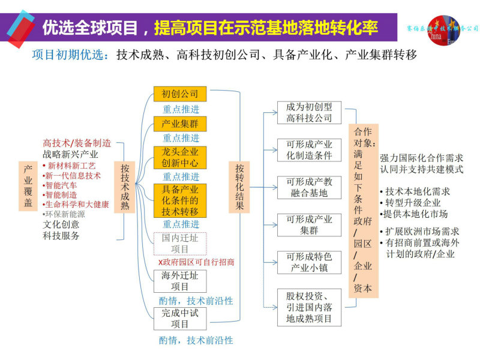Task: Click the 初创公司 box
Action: (x=180, y=94)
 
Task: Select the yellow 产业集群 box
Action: (x=180, y=124)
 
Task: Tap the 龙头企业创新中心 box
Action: (x=180, y=156)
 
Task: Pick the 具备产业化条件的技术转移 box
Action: (x=180, y=200)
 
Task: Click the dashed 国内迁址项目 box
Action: (x=180, y=243)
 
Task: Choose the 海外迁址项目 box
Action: (x=180, y=281)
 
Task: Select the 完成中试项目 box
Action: (x=180, y=319)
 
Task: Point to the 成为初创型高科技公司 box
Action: (x=309, y=112)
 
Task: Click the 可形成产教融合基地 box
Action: (x=309, y=187)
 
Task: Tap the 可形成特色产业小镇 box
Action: (x=309, y=262)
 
